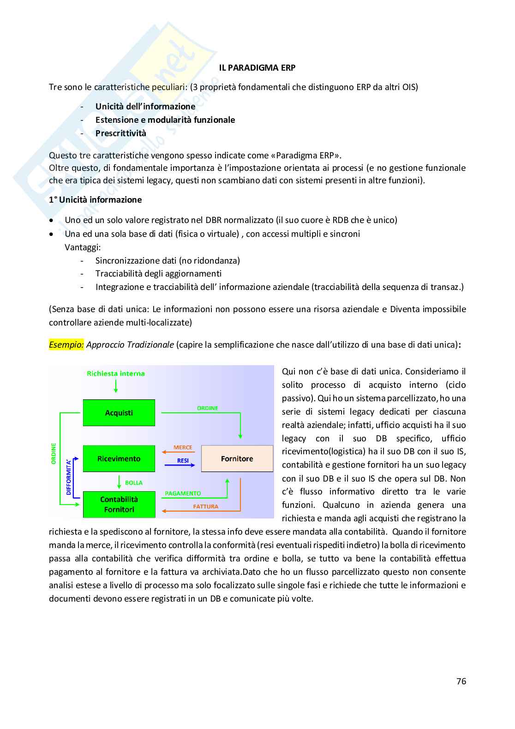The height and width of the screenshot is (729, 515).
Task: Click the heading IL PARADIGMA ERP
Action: (x=257, y=68)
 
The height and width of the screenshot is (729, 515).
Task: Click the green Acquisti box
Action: (x=119, y=413)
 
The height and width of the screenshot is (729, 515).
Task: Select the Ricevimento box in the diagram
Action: (x=119, y=458)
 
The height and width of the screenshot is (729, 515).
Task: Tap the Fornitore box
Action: (x=237, y=458)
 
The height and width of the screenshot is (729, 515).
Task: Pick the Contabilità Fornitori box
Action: (x=119, y=504)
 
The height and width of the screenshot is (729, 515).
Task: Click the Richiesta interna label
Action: (x=116, y=374)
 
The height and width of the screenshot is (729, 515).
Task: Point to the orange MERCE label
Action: (x=183, y=447)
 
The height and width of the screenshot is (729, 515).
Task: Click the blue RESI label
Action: (x=183, y=460)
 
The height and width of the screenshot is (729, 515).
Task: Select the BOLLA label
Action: (x=134, y=483)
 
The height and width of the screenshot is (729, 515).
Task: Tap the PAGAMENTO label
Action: (x=183, y=494)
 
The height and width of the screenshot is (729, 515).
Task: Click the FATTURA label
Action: (x=206, y=506)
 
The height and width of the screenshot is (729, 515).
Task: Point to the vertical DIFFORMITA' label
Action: (x=69, y=477)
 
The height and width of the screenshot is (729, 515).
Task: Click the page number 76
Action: (x=461, y=681)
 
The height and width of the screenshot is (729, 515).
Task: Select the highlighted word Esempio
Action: (x=66, y=345)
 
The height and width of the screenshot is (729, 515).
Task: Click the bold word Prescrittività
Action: (x=120, y=133)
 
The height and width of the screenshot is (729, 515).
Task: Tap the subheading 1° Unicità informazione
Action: (x=96, y=200)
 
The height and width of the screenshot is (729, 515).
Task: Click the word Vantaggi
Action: (x=83, y=247)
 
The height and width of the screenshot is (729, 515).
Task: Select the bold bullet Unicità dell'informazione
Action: (x=145, y=107)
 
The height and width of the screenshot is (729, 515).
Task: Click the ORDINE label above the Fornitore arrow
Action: (x=208, y=408)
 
